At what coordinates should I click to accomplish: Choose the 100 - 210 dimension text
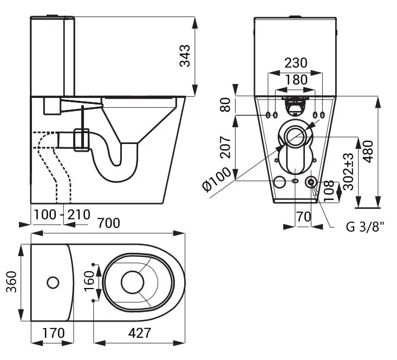[61, 214]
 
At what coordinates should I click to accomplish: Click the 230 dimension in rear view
[296, 63]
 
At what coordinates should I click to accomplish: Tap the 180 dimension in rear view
[296, 80]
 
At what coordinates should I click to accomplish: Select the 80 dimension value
[226, 104]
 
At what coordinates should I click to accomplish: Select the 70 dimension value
[303, 217]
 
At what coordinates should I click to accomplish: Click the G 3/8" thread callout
[365, 226]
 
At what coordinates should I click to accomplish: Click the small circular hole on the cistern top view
[53, 282]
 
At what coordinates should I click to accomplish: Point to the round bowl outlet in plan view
[131, 282]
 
